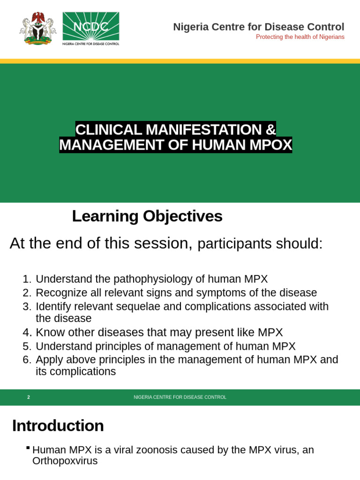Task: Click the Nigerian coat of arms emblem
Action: click(37, 28)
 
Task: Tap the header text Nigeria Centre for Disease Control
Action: click(258, 27)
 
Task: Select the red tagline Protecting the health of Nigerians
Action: click(300, 37)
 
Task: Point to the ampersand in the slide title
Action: click(270, 129)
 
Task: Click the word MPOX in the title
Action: click(270, 145)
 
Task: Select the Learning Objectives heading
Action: click(147, 216)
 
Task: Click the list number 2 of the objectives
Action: click(26, 293)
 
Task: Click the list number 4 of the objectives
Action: click(26, 333)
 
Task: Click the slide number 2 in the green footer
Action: click(29, 397)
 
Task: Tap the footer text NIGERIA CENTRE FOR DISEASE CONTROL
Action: click(180, 397)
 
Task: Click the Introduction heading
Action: click(58, 426)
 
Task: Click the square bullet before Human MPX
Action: click(28, 448)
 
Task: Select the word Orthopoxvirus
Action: click(65, 461)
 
